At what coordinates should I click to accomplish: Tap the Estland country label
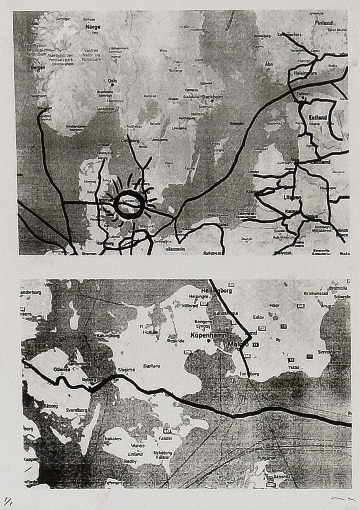click(x=318, y=118)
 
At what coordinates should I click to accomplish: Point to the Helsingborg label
click(x=216, y=291)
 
